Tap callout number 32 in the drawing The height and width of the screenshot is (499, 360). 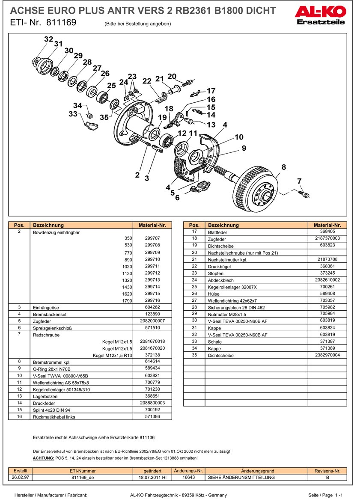48,39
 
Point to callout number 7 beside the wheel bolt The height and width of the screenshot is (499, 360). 300,181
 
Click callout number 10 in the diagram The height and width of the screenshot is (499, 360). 239,137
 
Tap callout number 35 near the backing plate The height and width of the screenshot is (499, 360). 104,117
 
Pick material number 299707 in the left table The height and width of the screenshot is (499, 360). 152,238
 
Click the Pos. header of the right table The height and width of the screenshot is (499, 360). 194,225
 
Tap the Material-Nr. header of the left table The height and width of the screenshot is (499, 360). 152,225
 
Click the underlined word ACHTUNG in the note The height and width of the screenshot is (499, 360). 44,458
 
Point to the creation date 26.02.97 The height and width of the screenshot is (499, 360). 21,477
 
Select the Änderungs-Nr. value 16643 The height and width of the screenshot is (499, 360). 189,477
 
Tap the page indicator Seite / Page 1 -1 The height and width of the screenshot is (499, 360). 325,495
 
